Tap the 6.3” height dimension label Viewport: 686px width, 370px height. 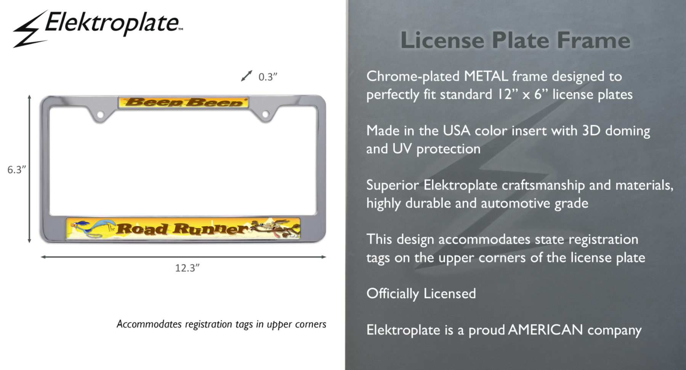click(17, 170)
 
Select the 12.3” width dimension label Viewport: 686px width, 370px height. click(187, 268)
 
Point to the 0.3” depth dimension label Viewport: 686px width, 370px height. click(268, 77)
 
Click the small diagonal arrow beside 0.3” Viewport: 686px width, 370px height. click(247, 75)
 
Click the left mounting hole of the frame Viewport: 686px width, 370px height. click(100, 114)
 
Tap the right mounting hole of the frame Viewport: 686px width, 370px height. click(265, 114)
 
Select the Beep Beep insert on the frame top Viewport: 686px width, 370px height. click(183, 103)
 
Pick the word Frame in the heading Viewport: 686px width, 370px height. click(593, 40)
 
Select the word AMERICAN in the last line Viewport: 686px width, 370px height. click(546, 330)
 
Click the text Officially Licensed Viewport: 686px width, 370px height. click(421, 294)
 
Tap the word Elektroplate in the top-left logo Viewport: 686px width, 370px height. click(112, 23)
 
